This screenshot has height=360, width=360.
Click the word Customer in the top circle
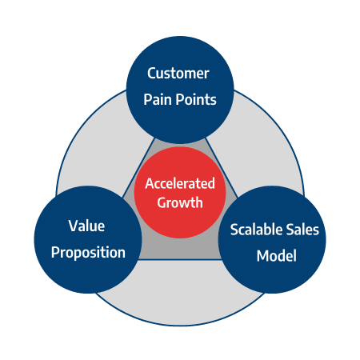click(178, 74)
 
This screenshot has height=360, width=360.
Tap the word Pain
click(158, 100)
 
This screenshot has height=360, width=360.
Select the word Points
click(196, 100)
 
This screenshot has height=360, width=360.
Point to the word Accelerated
click(180, 183)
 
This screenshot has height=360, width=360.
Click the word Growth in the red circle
click(180, 203)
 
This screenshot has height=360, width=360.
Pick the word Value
click(86, 226)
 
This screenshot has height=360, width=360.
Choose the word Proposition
click(88, 253)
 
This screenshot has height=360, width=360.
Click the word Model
click(277, 256)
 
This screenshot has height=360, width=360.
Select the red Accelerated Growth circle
click(180, 193)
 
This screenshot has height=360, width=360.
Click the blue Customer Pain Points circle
click(180, 90)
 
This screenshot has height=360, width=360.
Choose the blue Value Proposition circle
click(88, 240)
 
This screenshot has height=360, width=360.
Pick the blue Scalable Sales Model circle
click(272, 240)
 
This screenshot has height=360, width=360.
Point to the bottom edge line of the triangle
click(180, 259)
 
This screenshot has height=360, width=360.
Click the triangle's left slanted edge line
click(138, 168)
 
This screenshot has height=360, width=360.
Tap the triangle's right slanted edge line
click(222, 168)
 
